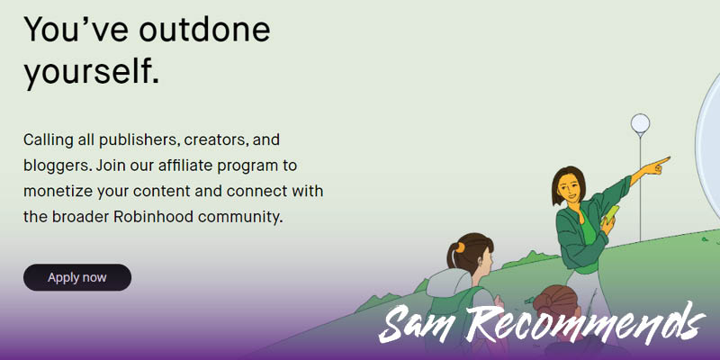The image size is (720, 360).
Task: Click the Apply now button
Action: click(77, 277)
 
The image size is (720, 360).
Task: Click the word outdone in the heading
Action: click(205, 29)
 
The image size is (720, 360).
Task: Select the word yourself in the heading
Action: click(92, 71)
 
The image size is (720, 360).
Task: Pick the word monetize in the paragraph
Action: click(58, 191)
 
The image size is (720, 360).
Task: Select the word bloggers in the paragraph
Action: click(57, 166)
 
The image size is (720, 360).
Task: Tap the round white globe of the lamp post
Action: click(640, 123)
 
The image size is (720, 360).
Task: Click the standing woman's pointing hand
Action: click(657, 166)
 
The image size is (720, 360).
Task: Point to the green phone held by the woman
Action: click(611, 215)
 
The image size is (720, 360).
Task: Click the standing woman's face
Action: click(571, 186)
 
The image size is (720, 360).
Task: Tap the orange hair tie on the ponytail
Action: click(460, 248)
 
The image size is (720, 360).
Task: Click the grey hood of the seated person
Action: click(448, 282)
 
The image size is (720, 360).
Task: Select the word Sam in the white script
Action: click(418, 326)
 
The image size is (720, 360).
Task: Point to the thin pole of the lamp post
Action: click(640, 187)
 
